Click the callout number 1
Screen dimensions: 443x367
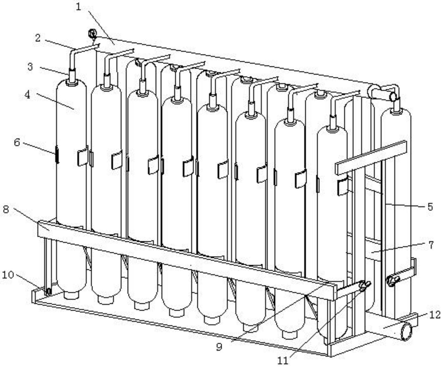78,7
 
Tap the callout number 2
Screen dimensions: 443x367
38,38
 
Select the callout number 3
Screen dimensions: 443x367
30,66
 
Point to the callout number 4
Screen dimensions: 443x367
27,95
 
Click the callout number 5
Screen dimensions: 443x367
430,207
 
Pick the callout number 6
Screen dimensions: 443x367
17,143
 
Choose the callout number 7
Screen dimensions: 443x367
431,245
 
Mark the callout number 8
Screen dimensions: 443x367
6,209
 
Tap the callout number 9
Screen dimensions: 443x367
219,347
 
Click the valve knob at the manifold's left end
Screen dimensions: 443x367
92,34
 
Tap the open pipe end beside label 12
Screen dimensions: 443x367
407,332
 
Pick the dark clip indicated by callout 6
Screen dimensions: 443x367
56,154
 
